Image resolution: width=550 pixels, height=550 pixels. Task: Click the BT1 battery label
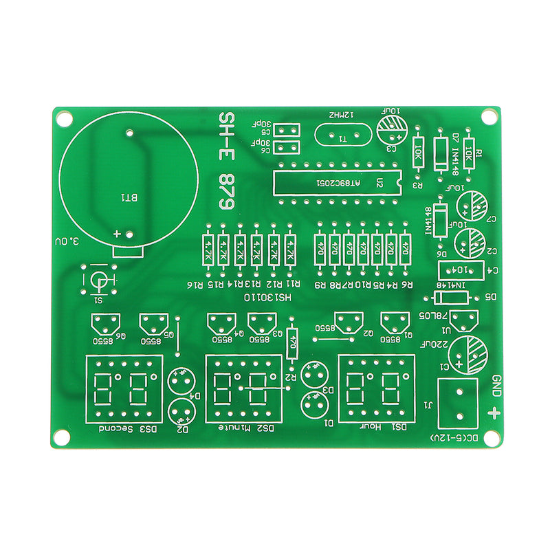pyautogui.click(x=129, y=198)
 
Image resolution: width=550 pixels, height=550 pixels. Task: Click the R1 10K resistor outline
pyautogui.click(x=470, y=151)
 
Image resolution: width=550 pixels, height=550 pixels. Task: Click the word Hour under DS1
pyautogui.click(x=371, y=426)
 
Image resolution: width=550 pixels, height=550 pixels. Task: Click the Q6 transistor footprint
pyautogui.click(x=104, y=322)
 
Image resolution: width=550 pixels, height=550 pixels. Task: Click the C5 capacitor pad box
pyautogui.click(x=287, y=129)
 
